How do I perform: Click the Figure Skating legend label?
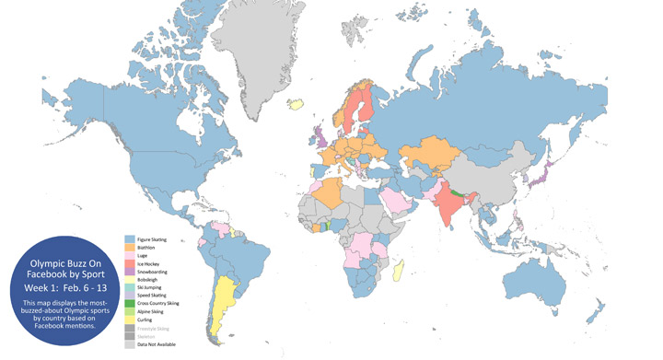(152, 238)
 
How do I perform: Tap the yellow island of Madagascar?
(399, 270)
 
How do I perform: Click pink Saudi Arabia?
(397, 196)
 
